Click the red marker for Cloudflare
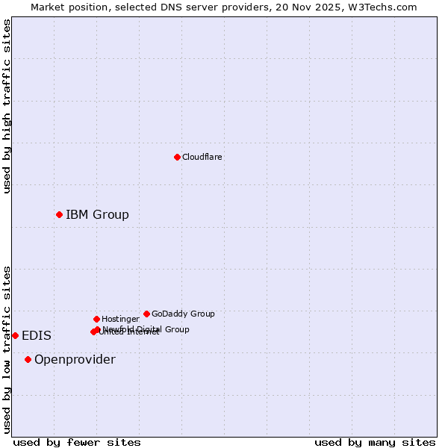[x=177, y=157]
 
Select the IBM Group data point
[x=59, y=214]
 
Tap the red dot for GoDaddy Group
[x=146, y=314]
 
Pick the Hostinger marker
[x=96, y=319]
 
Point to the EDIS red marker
[x=15, y=335]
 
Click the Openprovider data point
[x=28, y=359]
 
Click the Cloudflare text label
[x=202, y=157]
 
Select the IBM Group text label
[x=97, y=214]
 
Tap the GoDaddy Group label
[x=183, y=314]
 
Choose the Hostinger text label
[x=120, y=319]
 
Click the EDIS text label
[x=36, y=335]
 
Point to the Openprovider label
[x=75, y=359]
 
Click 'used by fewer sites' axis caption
[x=77, y=442]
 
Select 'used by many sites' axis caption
[x=375, y=442]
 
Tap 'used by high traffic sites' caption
[x=7, y=106]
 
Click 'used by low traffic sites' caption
[x=7, y=349]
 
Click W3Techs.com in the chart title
[x=386, y=7]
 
